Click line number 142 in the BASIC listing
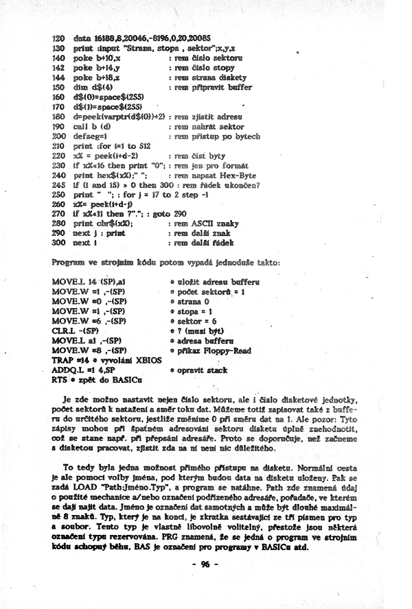coord(58,69)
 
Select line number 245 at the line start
coord(58,184)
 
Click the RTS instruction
coord(61,378)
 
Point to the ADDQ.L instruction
coord(69,369)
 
